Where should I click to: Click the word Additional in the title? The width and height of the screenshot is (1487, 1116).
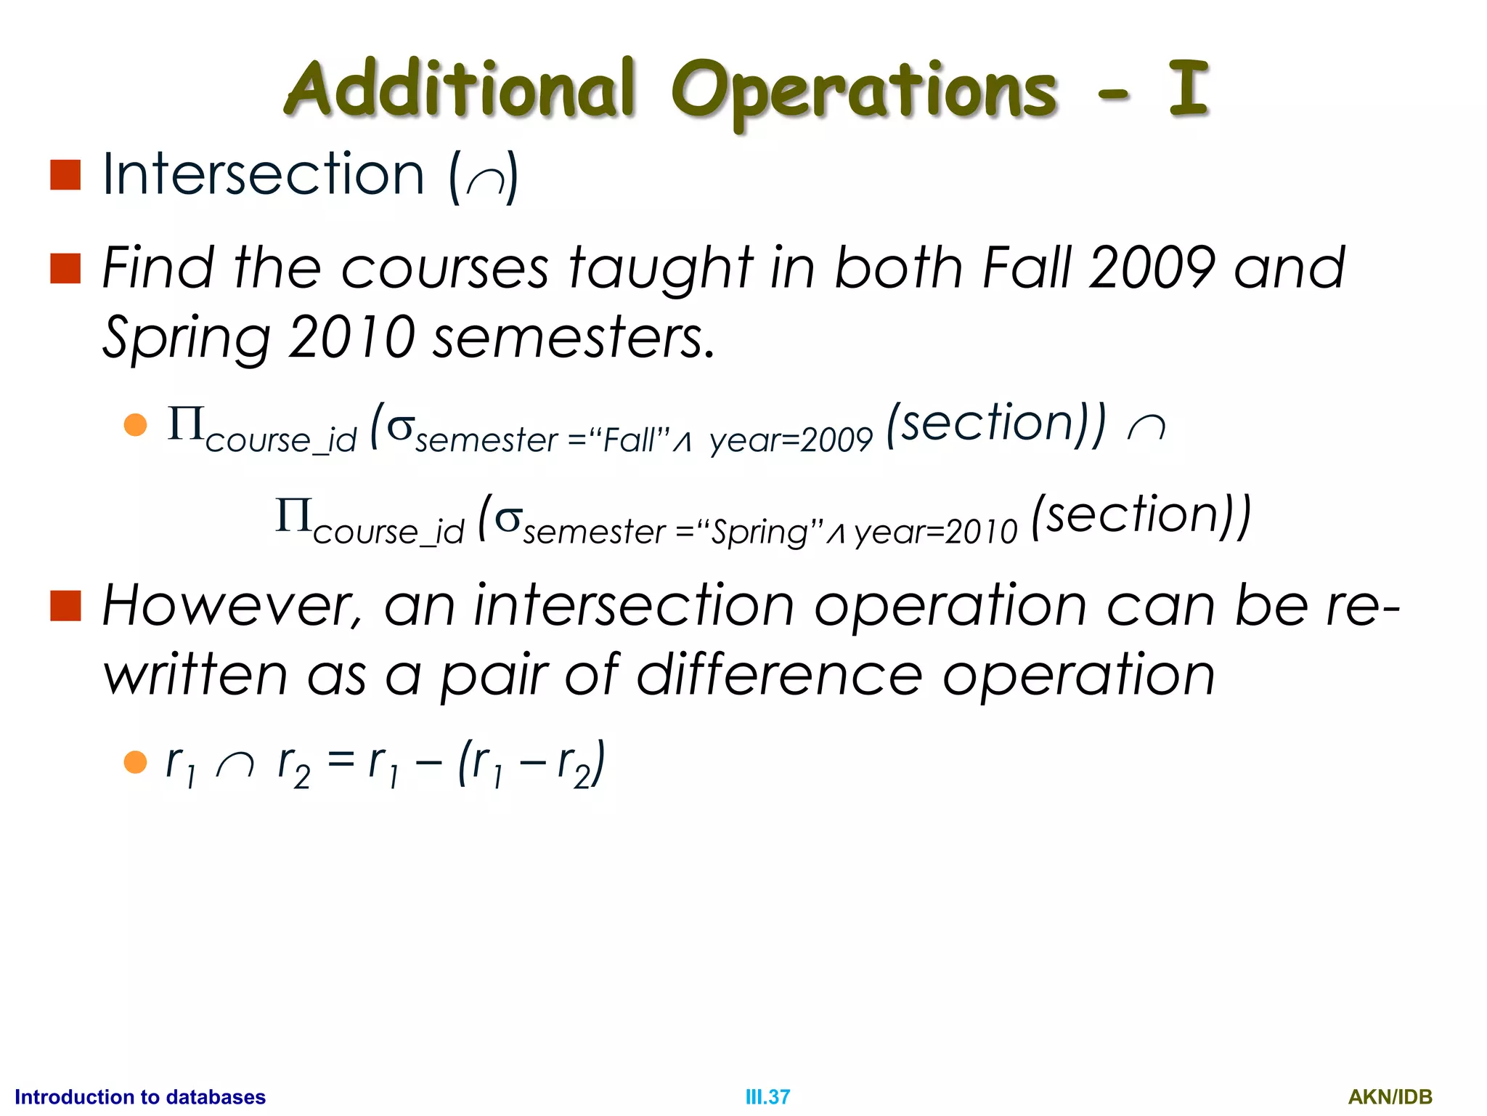coord(460,89)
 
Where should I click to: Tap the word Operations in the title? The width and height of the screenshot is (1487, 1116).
coord(863,92)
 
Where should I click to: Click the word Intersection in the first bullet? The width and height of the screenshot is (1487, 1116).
coord(263,174)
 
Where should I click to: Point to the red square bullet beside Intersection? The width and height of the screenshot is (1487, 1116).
coord(65,174)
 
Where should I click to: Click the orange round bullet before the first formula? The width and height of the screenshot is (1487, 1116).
coord(136,424)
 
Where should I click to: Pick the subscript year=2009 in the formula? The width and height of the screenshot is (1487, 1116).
coord(791,440)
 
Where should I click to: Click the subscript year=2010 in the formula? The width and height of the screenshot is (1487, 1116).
coord(936,533)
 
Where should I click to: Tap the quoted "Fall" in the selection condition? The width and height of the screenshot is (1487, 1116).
coord(629,440)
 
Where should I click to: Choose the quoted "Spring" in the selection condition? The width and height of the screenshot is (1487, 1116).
coord(759,533)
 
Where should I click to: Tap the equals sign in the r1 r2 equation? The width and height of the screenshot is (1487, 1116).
coord(341,761)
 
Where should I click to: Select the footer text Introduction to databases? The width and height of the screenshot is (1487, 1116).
coord(140,1096)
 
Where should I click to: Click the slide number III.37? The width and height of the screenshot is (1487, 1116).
coord(767,1096)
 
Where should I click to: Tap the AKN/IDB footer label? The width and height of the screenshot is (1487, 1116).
coord(1390,1096)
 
